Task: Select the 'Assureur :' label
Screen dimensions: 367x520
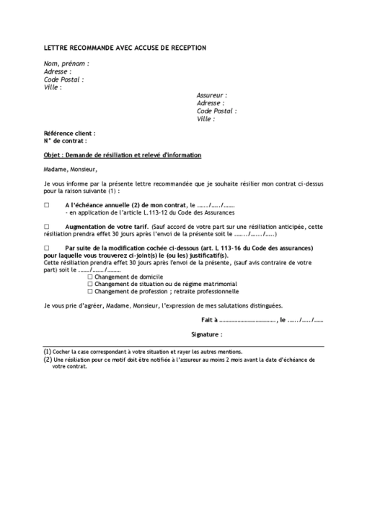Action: click(212, 95)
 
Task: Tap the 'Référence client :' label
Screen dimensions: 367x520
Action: click(69, 134)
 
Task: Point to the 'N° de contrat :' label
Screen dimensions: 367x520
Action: click(65, 142)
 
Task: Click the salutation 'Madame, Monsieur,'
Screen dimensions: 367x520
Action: click(70, 170)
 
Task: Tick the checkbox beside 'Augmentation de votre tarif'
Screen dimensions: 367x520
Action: click(47, 227)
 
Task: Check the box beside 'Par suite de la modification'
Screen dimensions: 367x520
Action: click(47, 248)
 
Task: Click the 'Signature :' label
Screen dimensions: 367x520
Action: click(207, 335)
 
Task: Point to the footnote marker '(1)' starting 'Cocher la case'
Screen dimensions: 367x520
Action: click(48, 352)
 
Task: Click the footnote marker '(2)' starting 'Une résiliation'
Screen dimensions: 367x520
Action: click(48, 359)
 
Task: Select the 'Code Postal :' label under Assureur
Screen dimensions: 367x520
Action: click(216, 111)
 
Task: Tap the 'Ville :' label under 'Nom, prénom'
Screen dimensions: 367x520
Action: click(53, 87)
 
